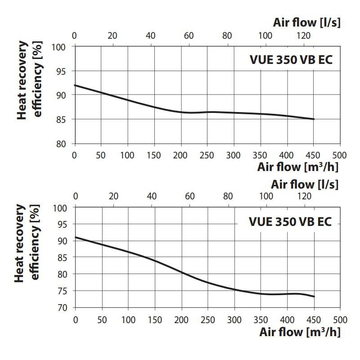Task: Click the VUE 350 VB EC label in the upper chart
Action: pyautogui.click(x=291, y=60)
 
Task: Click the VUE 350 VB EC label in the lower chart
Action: pyautogui.click(x=290, y=222)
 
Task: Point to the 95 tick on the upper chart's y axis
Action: pyautogui.click(x=63, y=71)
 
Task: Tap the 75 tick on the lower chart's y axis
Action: pyautogui.click(x=63, y=291)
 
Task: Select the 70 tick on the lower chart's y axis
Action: pyautogui.click(x=63, y=307)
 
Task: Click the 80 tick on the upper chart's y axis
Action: pyautogui.click(x=63, y=144)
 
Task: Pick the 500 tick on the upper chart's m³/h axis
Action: pyautogui.click(x=340, y=155)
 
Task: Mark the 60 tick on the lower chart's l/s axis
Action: pyautogui.click(x=190, y=196)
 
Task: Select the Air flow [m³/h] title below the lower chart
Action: pyautogui.click(x=299, y=332)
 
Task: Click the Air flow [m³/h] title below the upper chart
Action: pyautogui.click(x=297, y=167)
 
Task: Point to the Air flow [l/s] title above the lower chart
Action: pyautogui.click(x=304, y=184)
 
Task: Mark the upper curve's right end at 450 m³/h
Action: pyautogui.click(x=314, y=119)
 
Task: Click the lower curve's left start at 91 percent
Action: pyautogui.click(x=75, y=237)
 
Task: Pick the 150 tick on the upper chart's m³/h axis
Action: pyautogui.click(x=154, y=155)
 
